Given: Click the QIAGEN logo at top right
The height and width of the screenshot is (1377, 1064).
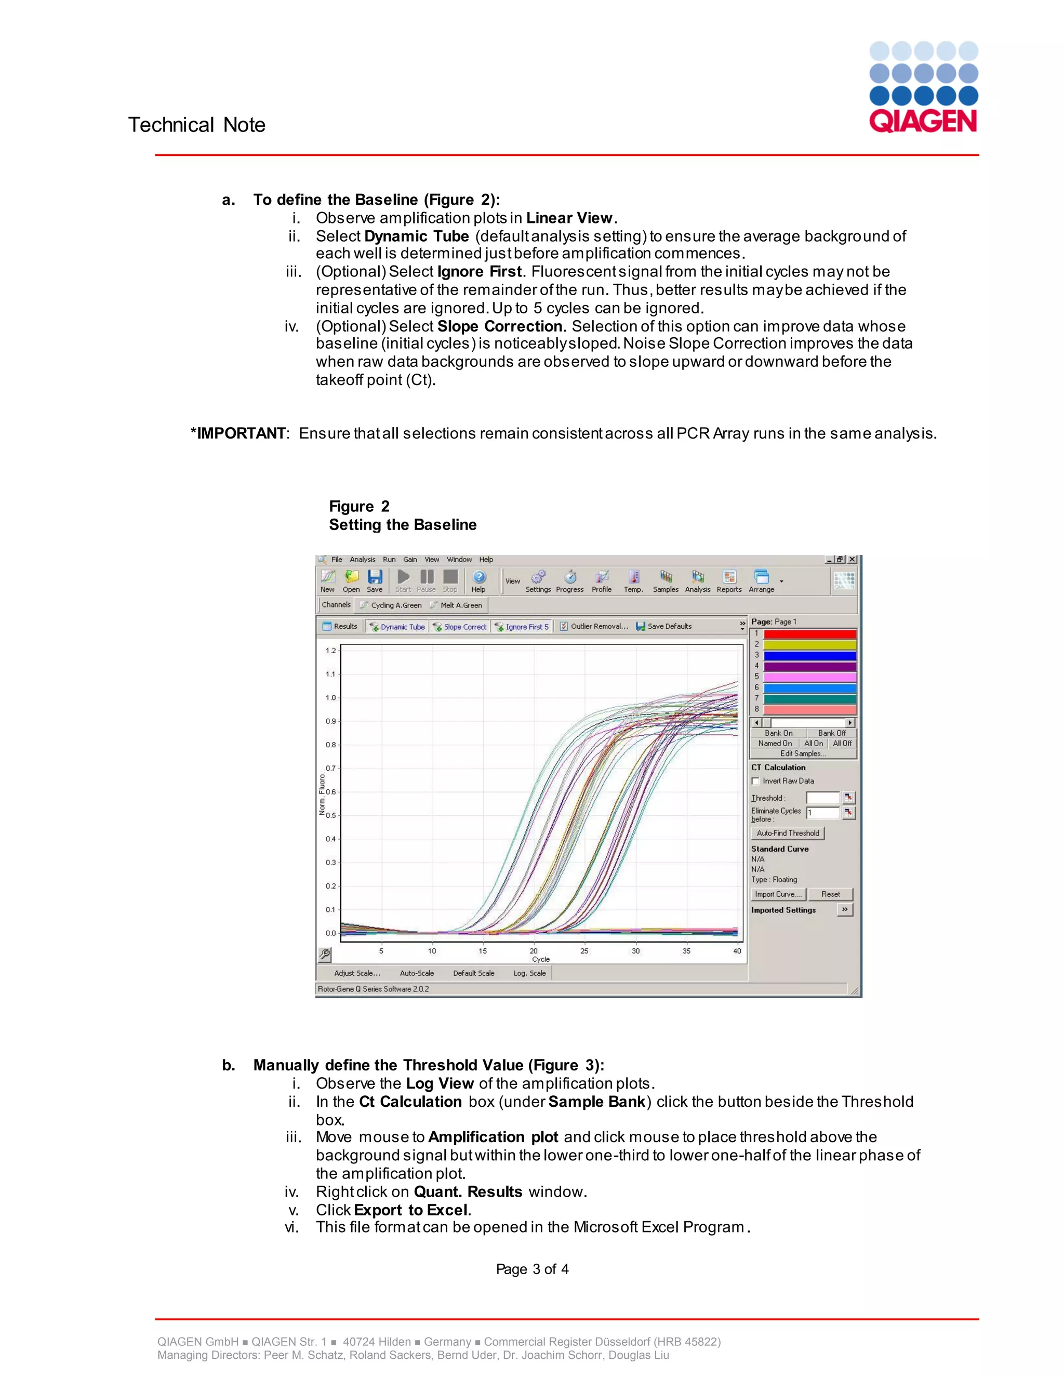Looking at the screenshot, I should pyautogui.click(x=923, y=87).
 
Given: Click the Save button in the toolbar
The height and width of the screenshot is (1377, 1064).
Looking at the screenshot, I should pyautogui.click(x=375, y=580).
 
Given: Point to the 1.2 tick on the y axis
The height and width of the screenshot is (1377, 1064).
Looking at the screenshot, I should pyautogui.click(x=331, y=650).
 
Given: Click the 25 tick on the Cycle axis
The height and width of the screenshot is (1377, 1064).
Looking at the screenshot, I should pyautogui.click(x=584, y=951).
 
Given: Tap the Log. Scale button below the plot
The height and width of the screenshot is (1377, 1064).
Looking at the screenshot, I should pyautogui.click(x=529, y=973).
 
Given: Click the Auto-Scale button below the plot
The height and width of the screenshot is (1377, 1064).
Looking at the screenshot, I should pyautogui.click(x=417, y=973).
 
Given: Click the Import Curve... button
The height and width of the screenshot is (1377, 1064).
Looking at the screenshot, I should pyautogui.click(x=778, y=894).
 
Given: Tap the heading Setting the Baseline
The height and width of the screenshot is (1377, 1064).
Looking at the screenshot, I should pyautogui.click(x=402, y=525).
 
